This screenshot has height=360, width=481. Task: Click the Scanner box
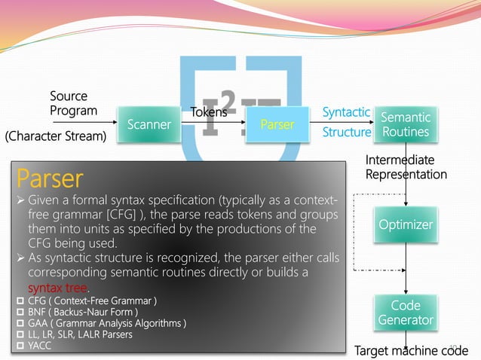pyautogui.click(x=149, y=125)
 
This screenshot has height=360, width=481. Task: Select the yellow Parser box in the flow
pyautogui.click(x=277, y=125)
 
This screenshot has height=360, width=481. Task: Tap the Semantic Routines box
pyautogui.click(x=406, y=124)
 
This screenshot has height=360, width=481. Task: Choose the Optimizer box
pyautogui.click(x=406, y=224)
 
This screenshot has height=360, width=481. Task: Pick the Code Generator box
pyautogui.click(x=406, y=313)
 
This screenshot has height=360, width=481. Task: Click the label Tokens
pyautogui.click(x=209, y=113)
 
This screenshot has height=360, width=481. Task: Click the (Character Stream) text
pyautogui.click(x=56, y=136)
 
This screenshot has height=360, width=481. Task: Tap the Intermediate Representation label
pyautogui.click(x=406, y=167)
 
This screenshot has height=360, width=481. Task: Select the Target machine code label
pyautogui.click(x=411, y=351)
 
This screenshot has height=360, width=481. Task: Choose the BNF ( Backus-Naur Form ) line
pyautogui.click(x=83, y=312)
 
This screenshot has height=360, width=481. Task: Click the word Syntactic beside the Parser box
pyautogui.click(x=346, y=112)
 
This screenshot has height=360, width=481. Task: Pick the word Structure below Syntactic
pyautogui.click(x=347, y=133)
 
